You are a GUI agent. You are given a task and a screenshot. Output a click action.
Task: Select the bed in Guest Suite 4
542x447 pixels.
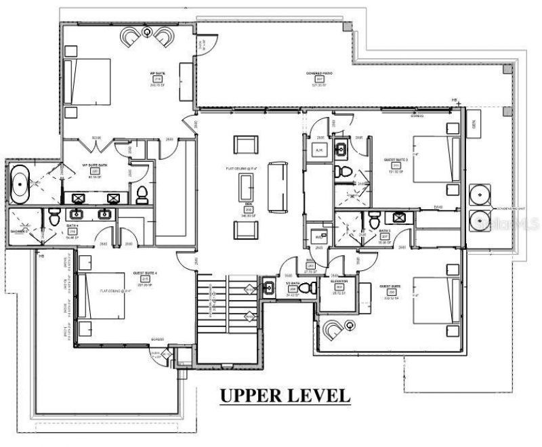101,297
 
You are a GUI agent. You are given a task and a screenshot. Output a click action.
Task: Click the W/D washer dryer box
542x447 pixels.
318,237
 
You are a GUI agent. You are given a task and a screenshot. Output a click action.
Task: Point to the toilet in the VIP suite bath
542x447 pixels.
142,195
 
